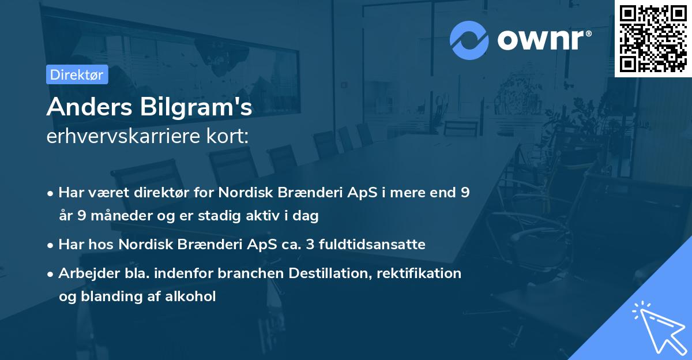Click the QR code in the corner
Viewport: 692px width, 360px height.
(x=653, y=38)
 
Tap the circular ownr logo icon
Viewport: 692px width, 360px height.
(x=469, y=39)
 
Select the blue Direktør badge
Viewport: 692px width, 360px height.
(x=77, y=74)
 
